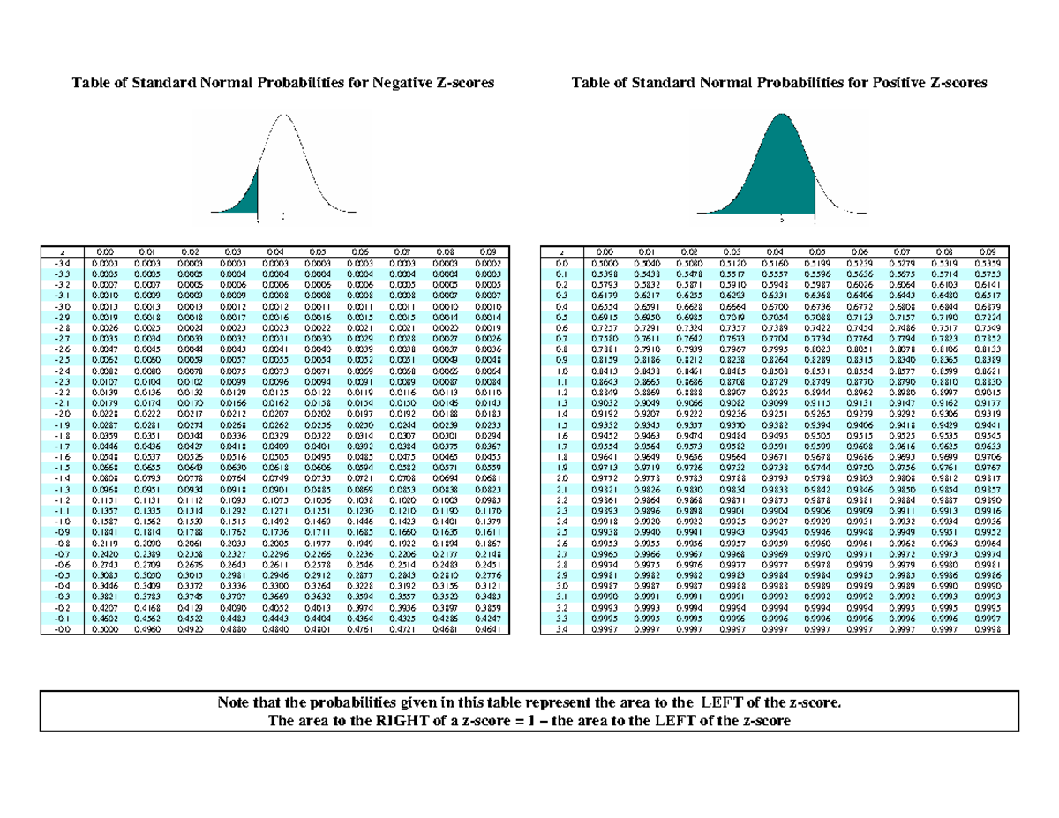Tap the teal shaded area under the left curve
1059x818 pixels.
tap(248, 195)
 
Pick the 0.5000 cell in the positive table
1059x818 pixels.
tap(609, 262)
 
